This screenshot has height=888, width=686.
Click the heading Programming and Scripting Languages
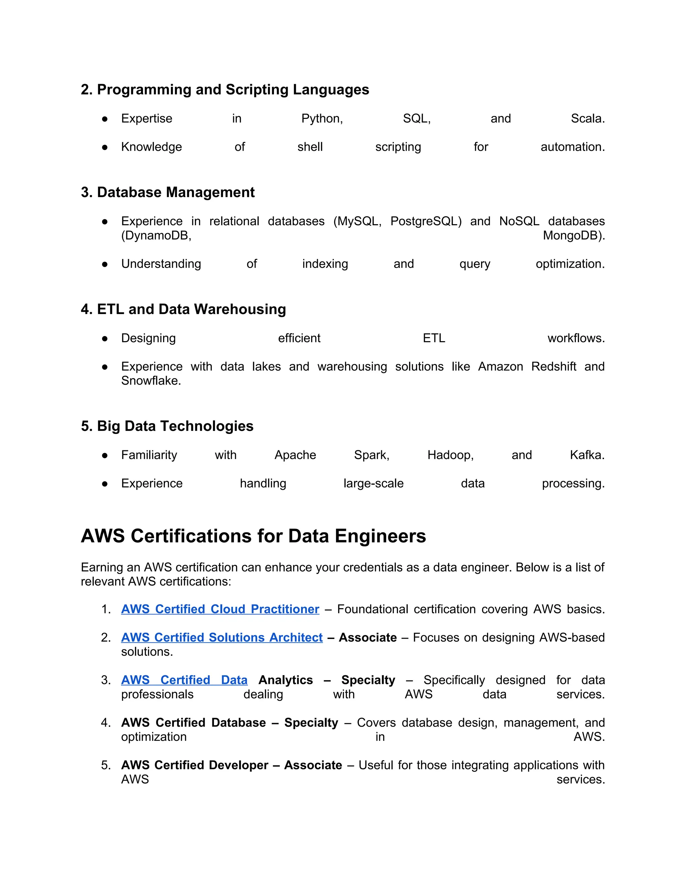tap(225, 89)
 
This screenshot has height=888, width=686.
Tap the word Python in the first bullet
tap(321, 118)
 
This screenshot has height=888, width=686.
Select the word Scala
tap(587, 118)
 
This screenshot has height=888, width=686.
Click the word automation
tap(572, 147)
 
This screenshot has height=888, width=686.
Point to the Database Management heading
tap(167, 192)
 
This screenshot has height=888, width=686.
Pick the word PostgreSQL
tap(425, 221)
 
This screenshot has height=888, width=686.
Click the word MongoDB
tap(573, 236)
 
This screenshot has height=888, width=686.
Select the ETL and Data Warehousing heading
tap(183, 309)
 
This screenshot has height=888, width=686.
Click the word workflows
tap(575, 338)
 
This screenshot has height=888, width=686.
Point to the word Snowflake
tap(150, 381)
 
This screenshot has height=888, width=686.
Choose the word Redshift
tap(553, 366)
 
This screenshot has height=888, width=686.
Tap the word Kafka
tap(587, 455)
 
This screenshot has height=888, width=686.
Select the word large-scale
tap(373, 484)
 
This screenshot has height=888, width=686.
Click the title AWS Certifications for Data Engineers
tap(253, 536)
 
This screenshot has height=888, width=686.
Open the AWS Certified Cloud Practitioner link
tap(220, 609)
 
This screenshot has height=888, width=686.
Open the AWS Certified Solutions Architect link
tap(221, 638)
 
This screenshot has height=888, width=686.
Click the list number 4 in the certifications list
tap(106, 722)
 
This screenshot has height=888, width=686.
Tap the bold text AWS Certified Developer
tap(195, 765)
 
